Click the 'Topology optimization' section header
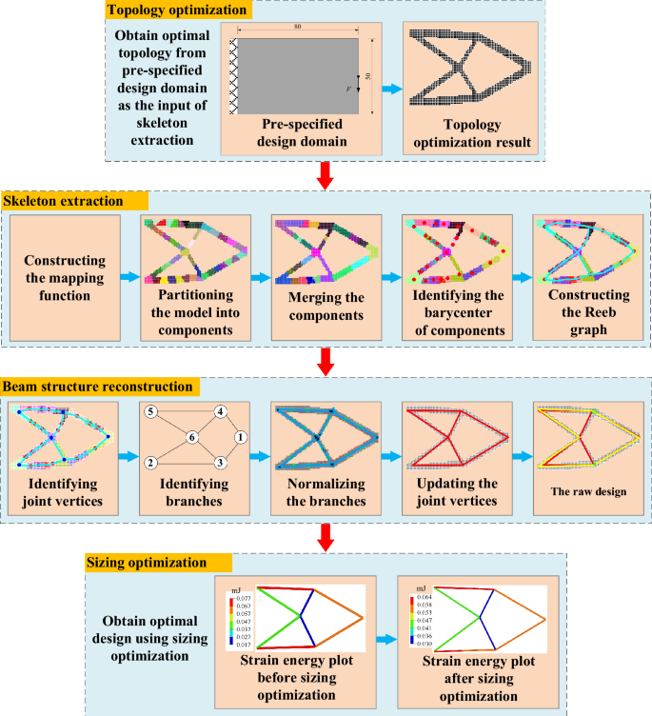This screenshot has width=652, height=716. click(x=176, y=11)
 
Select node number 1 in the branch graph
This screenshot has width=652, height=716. click(x=241, y=437)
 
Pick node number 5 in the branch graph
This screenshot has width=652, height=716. click(x=149, y=412)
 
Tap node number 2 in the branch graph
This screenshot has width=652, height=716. click(x=149, y=463)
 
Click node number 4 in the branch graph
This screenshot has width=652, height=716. click(x=220, y=412)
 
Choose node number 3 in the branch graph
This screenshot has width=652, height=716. click(x=220, y=463)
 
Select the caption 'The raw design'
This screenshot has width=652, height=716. click(x=580, y=492)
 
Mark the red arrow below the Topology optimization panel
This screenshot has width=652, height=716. click(x=325, y=174)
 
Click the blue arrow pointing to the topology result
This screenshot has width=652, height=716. click(x=389, y=89)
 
